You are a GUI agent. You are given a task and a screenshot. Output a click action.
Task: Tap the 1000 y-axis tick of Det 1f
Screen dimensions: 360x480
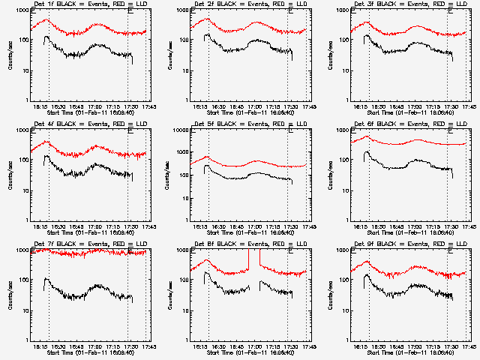tap(21, 10)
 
